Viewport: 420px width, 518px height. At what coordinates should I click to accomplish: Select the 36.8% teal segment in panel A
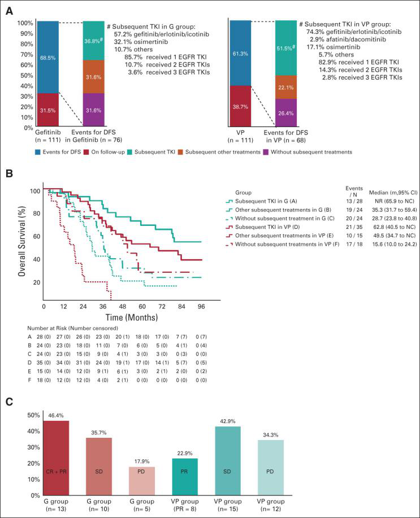93,40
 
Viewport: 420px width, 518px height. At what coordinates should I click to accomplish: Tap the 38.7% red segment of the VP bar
240,106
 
